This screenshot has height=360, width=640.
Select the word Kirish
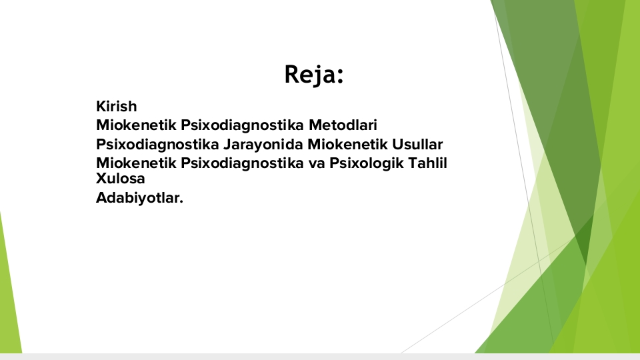(x=116, y=106)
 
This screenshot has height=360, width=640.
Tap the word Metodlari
(x=343, y=125)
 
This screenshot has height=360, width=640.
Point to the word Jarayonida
(x=263, y=145)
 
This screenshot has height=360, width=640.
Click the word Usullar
(x=417, y=144)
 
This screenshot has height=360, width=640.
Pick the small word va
(x=317, y=163)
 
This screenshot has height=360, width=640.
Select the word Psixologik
(x=367, y=163)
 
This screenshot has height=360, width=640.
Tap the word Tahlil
(x=428, y=163)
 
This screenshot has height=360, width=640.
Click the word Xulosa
(x=121, y=179)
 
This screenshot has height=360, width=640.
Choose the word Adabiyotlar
(x=139, y=197)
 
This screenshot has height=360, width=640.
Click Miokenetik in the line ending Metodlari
(x=136, y=125)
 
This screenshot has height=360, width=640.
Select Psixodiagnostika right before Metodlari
(x=242, y=125)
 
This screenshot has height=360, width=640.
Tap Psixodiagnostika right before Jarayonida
(x=157, y=145)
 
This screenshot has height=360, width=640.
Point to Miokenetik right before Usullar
(x=347, y=144)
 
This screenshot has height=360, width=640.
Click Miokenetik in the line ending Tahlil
(x=136, y=163)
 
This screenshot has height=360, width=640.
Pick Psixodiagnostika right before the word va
(x=242, y=163)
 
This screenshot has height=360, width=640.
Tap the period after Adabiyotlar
(x=181, y=201)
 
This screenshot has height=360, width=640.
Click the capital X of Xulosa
(x=101, y=179)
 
